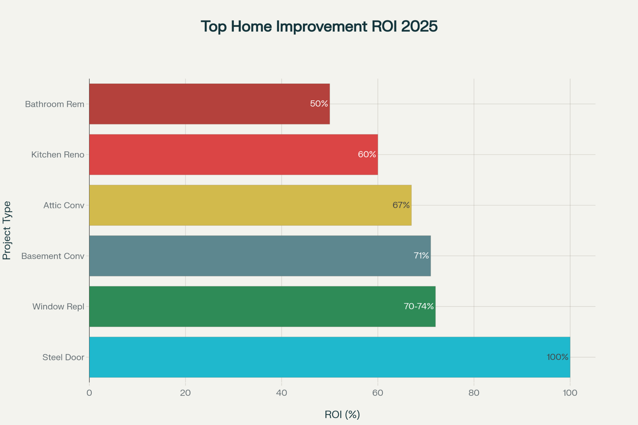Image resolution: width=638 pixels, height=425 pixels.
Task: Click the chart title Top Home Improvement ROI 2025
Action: (x=319, y=27)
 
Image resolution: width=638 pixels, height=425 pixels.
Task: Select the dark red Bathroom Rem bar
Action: (x=209, y=104)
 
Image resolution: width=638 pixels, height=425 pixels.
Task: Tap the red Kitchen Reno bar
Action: (x=234, y=154)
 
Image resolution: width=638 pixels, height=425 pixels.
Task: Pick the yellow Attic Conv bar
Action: (x=250, y=205)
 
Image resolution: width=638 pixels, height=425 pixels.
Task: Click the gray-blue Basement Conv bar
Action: (x=260, y=256)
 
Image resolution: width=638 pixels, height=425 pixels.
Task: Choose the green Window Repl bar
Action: (x=262, y=306)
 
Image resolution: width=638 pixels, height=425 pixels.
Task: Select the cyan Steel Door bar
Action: (x=330, y=357)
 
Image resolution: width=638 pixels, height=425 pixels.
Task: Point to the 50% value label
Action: (x=319, y=104)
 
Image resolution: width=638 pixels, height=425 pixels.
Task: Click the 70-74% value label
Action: (x=419, y=306)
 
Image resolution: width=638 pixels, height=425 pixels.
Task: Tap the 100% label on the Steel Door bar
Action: (x=558, y=357)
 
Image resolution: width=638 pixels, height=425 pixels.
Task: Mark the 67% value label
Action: (x=401, y=205)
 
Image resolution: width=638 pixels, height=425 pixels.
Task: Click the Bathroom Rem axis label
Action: (x=55, y=104)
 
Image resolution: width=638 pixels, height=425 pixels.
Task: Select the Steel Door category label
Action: (x=63, y=357)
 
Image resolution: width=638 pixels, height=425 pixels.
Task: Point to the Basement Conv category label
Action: (x=53, y=256)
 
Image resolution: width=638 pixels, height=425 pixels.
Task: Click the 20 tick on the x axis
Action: (x=185, y=393)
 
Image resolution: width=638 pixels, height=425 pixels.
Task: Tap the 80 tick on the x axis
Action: (x=474, y=393)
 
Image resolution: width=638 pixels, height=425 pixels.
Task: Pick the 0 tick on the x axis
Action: (x=89, y=393)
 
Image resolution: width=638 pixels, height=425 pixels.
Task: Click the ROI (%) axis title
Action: (x=342, y=415)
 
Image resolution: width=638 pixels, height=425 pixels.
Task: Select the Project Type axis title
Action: (x=7, y=230)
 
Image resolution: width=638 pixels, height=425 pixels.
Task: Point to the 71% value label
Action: (x=421, y=256)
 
